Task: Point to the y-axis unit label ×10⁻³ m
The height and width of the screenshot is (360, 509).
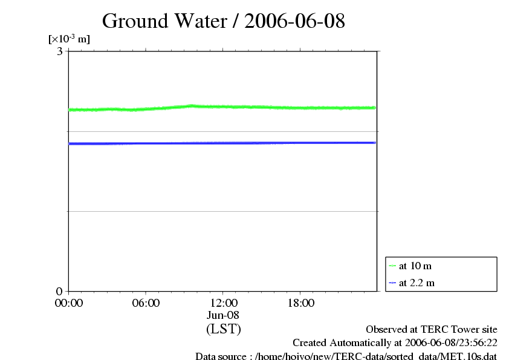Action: [x=69, y=39]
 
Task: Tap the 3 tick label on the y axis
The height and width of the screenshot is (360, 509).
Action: [x=60, y=51]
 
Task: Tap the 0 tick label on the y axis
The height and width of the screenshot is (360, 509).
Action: [x=60, y=291]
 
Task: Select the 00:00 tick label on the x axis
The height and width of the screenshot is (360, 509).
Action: [x=68, y=303]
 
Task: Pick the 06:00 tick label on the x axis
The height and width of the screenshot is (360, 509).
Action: [x=146, y=303]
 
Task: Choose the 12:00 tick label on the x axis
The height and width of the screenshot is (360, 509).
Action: [x=223, y=303]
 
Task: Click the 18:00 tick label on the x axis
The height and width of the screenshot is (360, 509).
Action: [x=300, y=303]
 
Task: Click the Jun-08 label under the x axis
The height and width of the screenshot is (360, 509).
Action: [x=223, y=315]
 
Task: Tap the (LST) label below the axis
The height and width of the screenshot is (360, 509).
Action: [x=223, y=329]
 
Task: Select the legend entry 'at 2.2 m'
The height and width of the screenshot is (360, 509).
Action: [x=417, y=283]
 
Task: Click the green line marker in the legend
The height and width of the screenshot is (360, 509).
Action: [x=392, y=266]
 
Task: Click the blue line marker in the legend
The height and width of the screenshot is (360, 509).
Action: [x=392, y=283]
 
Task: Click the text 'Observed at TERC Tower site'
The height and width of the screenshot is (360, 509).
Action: [x=432, y=330]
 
